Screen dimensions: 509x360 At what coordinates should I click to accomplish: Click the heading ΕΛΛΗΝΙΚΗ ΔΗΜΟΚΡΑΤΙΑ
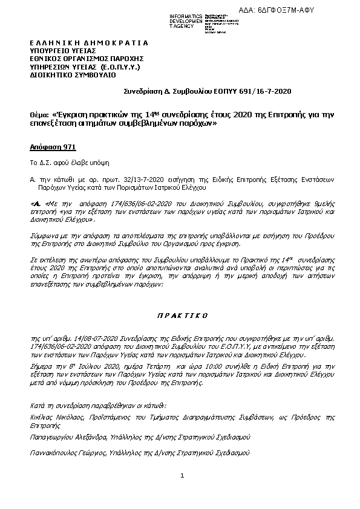click(88, 44)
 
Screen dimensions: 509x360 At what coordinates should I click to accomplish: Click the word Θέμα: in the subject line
click(40, 114)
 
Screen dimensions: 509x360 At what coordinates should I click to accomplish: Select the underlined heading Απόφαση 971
click(53, 147)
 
